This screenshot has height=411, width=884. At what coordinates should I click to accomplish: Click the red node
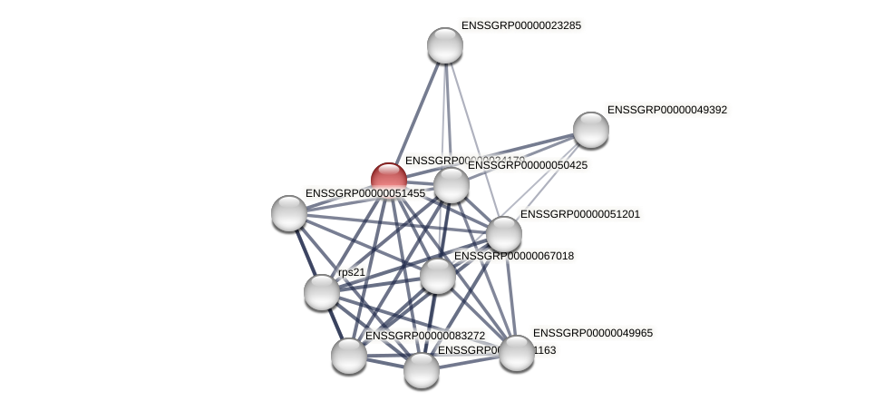click(x=389, y=180)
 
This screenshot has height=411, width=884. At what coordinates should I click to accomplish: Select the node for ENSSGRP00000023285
click(x=445, y=45)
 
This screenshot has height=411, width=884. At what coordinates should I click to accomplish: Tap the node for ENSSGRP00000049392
click(x=591, y=130)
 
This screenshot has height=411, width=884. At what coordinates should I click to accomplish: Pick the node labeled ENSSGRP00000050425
click(x=452, y=185)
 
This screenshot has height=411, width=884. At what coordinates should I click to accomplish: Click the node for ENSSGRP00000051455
click(x=289, y=213)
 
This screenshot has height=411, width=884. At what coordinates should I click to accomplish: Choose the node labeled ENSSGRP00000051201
click(x=504, y=234)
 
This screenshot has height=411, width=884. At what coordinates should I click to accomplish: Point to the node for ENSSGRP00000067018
click(x=438, y=276)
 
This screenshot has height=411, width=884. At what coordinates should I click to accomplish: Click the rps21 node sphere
click(x=322, y=292)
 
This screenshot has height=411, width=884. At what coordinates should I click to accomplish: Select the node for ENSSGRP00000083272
click(x=349, y=356)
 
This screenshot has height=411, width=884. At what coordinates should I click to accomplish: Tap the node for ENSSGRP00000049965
click(x=517, y=353)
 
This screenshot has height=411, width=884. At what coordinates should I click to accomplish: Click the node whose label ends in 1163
click(x=422, y=370)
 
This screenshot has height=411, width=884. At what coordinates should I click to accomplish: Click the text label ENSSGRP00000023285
click(x=520, y=25)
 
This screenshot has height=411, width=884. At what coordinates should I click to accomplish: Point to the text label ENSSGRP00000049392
click(x=666, y=110)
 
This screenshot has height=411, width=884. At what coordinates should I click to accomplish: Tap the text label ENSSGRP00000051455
click(x=364, y=193)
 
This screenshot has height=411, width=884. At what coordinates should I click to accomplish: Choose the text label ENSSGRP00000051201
click(x=579, y=214)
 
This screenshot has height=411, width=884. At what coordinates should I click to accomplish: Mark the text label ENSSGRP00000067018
click(x=513, y=256)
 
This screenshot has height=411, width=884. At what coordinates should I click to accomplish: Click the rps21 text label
click(x=352, y=272)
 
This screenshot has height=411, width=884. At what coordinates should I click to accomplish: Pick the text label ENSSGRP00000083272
click(x=424, y=336)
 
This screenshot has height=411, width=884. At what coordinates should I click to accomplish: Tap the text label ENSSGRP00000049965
click(x=592, y=333)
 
